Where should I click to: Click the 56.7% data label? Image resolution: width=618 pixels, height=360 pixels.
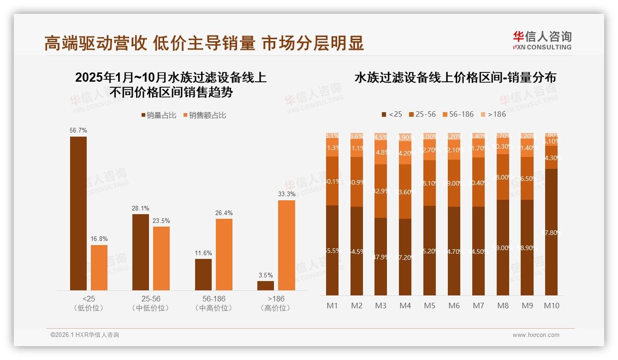tap(78, 131)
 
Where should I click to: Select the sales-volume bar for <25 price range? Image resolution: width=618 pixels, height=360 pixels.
tap(78, 213)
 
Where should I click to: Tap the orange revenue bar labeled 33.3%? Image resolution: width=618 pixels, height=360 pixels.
tap(286, 245)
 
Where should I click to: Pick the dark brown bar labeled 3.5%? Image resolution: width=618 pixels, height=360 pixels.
tap(266, 285)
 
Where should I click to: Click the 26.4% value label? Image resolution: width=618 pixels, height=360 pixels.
tap(224, 213)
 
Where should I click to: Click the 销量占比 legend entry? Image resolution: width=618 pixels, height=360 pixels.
tap(159, 115)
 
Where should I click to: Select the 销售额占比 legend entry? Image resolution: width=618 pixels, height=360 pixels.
tap(205, 115)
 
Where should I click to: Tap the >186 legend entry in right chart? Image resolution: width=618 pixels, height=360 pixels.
tap(493, 114)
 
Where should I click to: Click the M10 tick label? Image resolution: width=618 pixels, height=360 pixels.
tap(551, 306)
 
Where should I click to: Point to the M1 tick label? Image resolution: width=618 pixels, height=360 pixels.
tap(332, 306)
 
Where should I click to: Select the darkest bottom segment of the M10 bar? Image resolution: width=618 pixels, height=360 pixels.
tap(551, 232)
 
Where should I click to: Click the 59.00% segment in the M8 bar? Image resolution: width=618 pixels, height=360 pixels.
tap(502, 247)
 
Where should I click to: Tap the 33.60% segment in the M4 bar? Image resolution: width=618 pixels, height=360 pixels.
tap(405, 192)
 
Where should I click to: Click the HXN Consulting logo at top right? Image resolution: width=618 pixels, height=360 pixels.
tap(542, 40)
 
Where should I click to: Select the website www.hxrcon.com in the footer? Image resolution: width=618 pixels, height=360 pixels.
tap(536, 335)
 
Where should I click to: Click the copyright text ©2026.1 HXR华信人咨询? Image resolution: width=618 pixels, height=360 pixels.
tap(85, 335)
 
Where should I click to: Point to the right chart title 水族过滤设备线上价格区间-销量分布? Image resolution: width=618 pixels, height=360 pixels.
tap(455, 78)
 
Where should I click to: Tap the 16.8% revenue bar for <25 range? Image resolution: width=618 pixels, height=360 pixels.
tap(99, 267)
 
